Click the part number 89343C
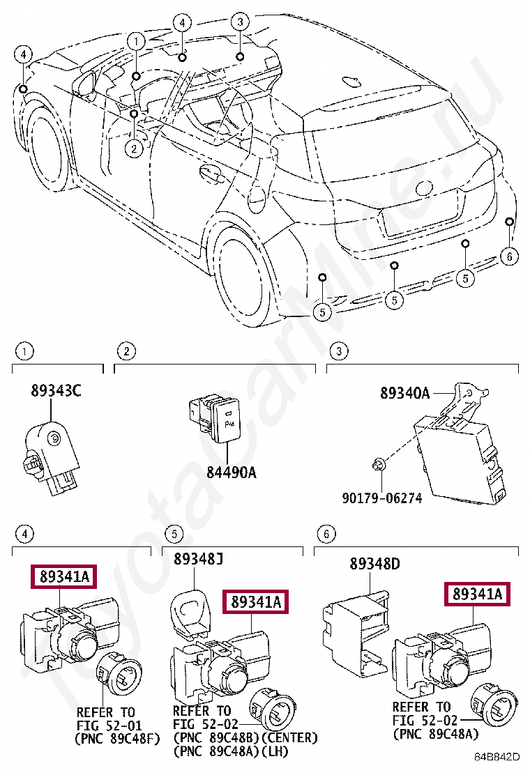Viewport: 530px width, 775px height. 56,392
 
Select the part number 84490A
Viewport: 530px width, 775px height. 231,473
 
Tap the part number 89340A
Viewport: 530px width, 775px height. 404,393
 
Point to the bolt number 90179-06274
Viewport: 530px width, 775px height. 383,499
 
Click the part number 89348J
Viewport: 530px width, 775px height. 199,559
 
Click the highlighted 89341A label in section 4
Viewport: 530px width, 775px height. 63,577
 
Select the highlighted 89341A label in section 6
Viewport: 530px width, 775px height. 478,594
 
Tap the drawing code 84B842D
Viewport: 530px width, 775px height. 499,757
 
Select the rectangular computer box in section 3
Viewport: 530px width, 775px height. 457,456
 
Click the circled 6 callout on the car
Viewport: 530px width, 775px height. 509,256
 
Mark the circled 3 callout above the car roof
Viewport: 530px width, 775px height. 239,22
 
